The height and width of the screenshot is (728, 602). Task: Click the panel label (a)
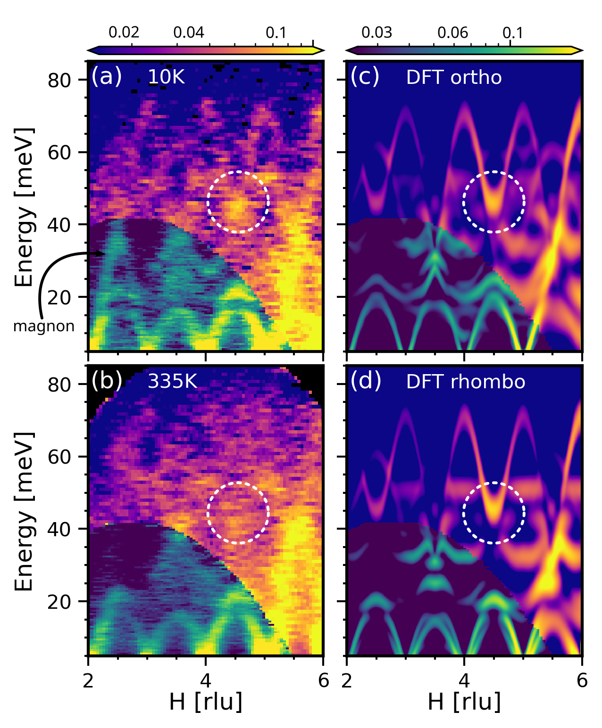coord(106,76)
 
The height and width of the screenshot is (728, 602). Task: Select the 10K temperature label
coord(166,77)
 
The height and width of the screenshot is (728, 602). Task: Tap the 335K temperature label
coord(172,381)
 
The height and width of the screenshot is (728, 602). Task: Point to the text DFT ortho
coord(453,77)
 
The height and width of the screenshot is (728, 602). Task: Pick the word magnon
coord(44,326)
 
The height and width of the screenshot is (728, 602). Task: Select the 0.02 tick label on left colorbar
coord(124,33)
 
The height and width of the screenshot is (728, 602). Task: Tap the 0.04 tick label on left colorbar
coord(189,33)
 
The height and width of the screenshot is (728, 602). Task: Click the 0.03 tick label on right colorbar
coord(376,33)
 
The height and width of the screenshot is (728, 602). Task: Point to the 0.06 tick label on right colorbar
coord(452,33)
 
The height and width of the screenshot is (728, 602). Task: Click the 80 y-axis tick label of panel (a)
coord(59,81)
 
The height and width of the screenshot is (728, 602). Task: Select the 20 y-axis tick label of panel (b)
coord(59,602)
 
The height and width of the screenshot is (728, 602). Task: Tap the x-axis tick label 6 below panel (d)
coord(582,680)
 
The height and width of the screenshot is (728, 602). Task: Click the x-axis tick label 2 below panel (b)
coord(88,680)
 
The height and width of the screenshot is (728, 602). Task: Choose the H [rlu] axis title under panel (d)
coord(464,702)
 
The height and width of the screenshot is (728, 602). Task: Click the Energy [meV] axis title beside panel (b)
coord(25,511)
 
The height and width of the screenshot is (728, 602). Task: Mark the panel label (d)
coord(366,381)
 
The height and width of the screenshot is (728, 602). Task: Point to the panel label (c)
coord(365,76)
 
